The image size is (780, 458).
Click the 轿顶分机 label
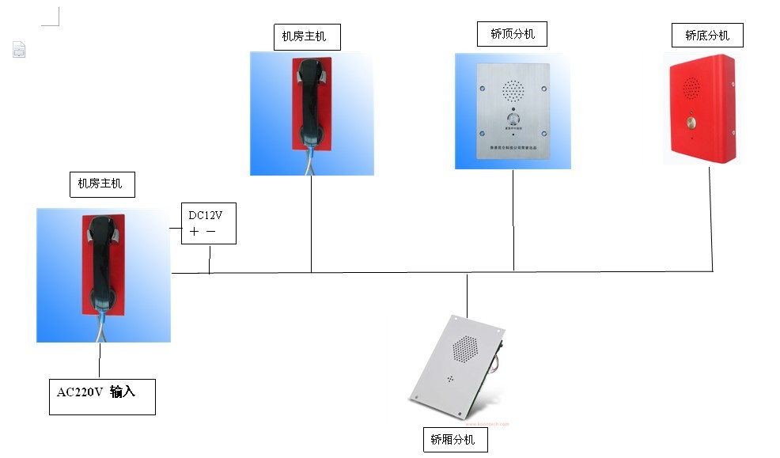click(513, 34)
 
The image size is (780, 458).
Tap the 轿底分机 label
click(707, 36)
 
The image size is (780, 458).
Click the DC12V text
click(205, 215)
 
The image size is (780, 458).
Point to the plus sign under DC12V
click(195, 232)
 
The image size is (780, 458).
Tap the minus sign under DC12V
click(210, 232)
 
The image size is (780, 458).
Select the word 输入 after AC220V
click(123, 392)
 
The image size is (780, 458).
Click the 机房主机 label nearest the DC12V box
click(100, 184)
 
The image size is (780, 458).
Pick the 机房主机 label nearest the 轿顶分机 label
click(304, 36)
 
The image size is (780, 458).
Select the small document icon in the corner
click(19, 50)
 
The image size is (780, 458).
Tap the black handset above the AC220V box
click(101, 261)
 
